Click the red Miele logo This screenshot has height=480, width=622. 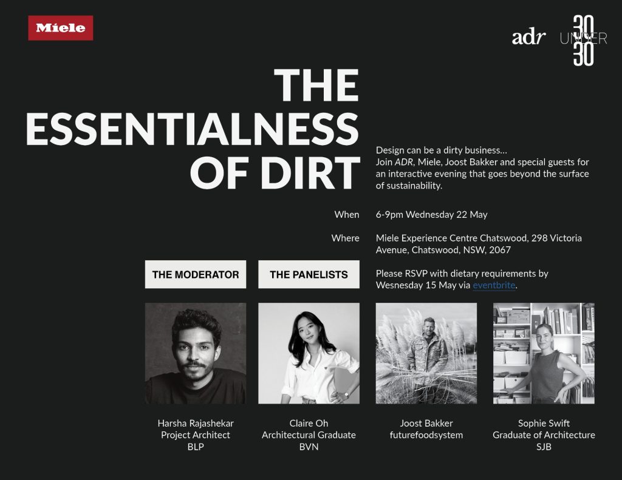(61, 28)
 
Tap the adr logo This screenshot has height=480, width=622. (528, 38)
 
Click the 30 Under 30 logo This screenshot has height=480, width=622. (583, 41)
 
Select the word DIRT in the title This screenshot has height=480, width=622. (310, 173)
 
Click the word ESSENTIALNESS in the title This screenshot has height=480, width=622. (193, 129)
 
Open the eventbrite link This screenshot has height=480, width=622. (494, 285)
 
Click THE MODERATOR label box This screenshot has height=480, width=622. (196, 274)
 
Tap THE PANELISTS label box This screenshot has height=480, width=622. (309, 274)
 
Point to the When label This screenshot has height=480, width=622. (347, 214)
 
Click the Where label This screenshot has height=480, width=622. (346, 238)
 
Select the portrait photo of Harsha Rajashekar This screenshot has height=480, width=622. (196, 354)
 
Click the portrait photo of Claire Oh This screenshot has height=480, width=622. (309, 354)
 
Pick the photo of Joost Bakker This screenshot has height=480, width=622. (426, 354)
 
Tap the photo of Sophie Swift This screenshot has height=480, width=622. (544, 354)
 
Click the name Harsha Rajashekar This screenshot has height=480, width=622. (196, 424)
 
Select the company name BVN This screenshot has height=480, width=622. (309, 447)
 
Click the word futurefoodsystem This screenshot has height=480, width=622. (426, 435)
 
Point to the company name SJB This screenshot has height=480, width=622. (544, 447)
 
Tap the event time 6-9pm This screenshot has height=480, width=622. (389, 215)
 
